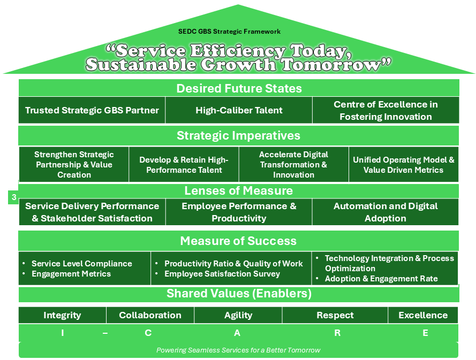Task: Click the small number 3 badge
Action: click(x=14, y=197)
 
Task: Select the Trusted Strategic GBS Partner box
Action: click(x=92, y=110)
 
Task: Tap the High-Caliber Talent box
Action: click(x=239, y=110)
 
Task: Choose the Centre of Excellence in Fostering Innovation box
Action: click(x=386, y=110)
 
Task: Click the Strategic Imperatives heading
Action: click(x=239, y=135)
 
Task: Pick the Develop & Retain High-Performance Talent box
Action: click(x=184, y=165)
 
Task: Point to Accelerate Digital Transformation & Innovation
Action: click(x=293, y=164)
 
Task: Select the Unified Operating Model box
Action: click(x=403, y=165)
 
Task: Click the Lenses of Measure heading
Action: click(x=239, y=191)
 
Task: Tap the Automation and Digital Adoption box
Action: click(x=386, y=212)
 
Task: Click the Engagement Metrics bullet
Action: click(x=71, y=274)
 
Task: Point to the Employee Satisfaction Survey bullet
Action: click(x=222, y=274)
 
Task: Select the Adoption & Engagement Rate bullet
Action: click(x=381, y=279)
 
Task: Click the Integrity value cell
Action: click(x=62, y=315)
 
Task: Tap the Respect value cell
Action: click(x=335, y=315)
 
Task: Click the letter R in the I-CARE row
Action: click(x=337, y=333)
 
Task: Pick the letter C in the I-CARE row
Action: click(x=148, y=333)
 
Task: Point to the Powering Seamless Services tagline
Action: click(x=238, y=350)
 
